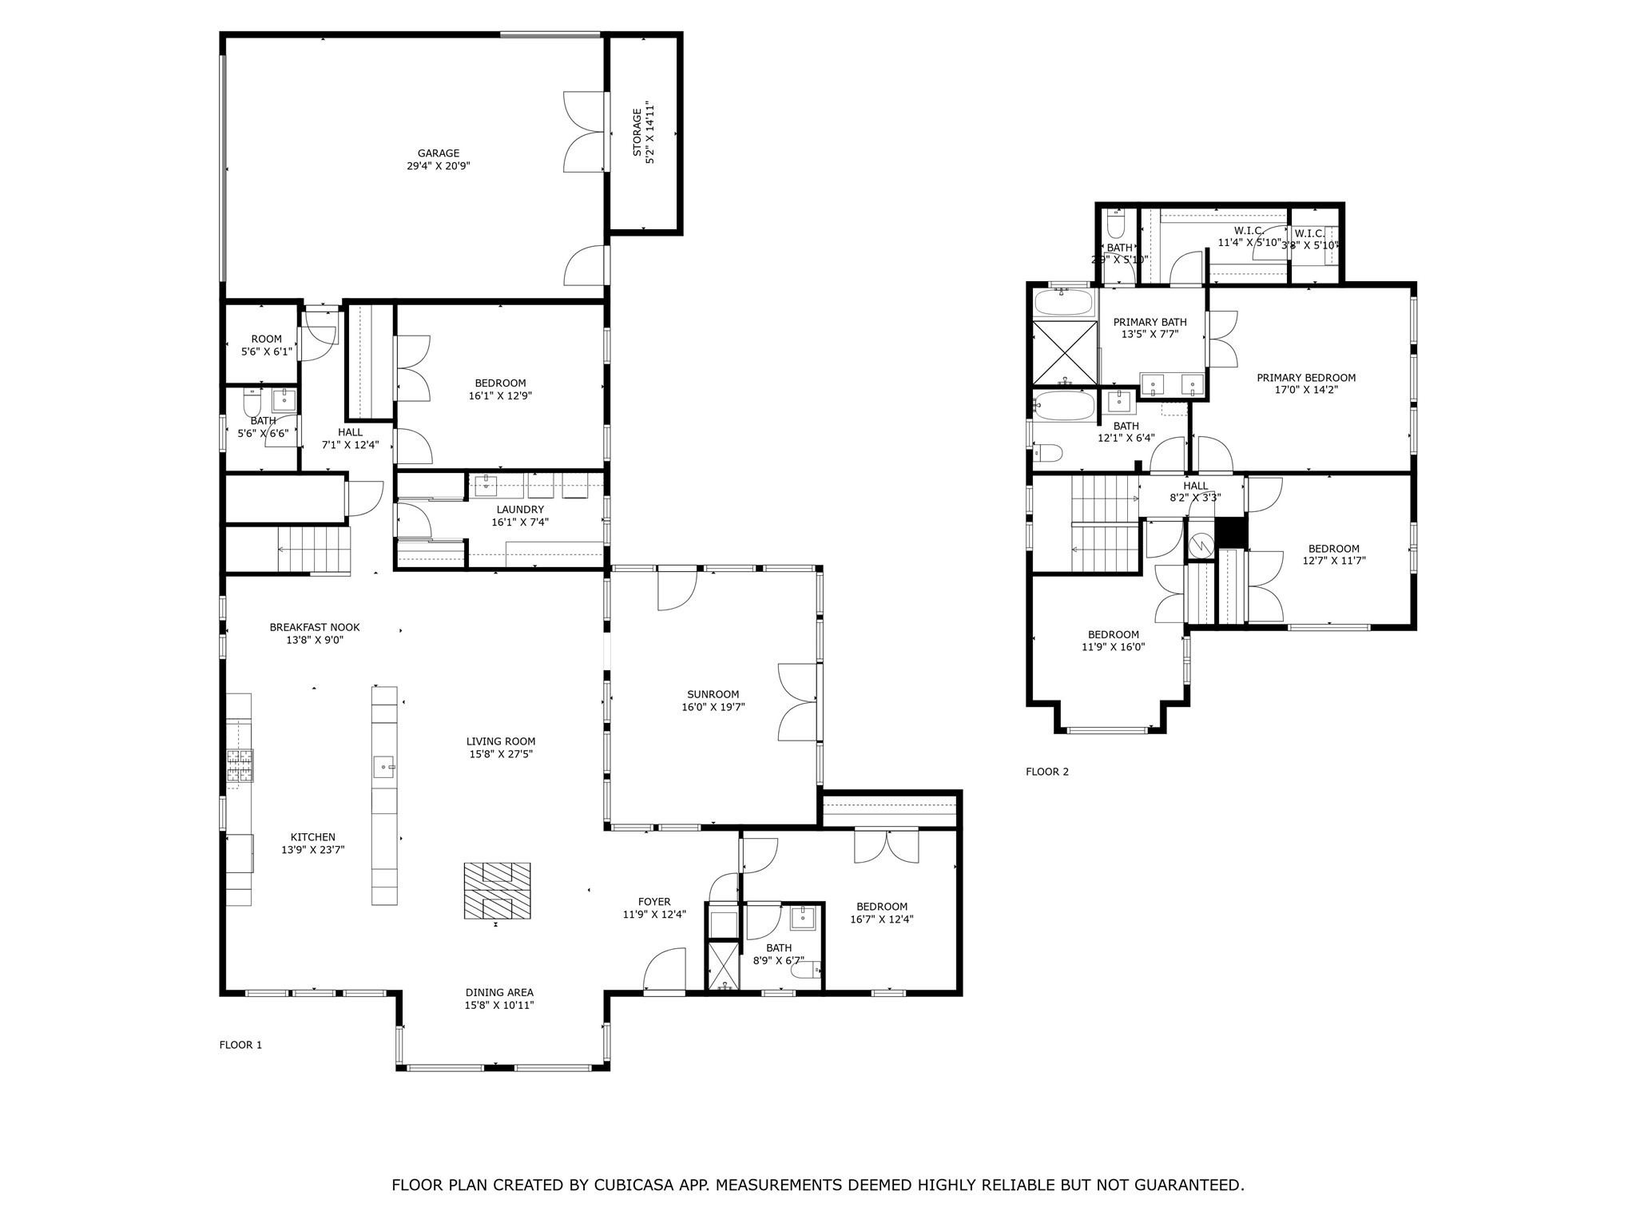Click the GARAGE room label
[438, 153]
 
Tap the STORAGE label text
[637, 133]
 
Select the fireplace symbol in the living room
[497, 891]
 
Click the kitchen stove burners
[240, 764]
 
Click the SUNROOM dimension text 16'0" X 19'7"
[713, 707]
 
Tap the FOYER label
[653, 902]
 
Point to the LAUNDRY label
[519, 510]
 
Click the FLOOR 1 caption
[240, 1045]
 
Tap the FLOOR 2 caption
[1046, 772]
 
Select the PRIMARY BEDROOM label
[1305, 378]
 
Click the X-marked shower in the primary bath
[1065, 352]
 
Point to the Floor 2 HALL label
[1195, 486]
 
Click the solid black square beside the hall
[1231, 532]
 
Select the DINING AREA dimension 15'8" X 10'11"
[499, 1006]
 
